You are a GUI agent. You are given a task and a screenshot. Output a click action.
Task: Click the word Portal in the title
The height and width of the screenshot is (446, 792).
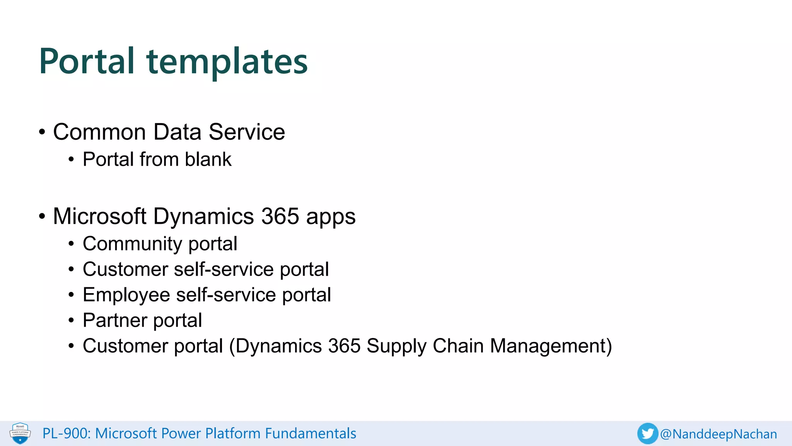point(87,61)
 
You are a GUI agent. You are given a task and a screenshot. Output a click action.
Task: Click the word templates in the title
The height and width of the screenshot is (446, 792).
point(227,62)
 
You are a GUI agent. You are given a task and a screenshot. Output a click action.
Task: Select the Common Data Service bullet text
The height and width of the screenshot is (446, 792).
point(169,132)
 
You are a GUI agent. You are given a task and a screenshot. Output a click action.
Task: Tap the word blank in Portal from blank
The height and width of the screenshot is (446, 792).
point(208,159)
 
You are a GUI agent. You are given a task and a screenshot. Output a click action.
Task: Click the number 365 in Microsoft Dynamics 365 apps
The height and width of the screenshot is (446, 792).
point(280,216)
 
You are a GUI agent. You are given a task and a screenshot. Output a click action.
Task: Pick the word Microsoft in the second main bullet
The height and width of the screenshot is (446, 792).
point(99,216)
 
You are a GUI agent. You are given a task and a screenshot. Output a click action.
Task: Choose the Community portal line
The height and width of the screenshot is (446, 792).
point(160,244)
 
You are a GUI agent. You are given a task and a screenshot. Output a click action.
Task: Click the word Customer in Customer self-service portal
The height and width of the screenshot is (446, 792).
point(125,269)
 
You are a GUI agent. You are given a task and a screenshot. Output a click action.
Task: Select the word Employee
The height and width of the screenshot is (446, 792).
point(126,295)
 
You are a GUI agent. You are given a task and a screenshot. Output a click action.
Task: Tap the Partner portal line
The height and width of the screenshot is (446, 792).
point(142,320)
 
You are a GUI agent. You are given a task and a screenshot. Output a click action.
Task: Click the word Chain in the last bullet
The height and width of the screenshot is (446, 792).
point(458,346)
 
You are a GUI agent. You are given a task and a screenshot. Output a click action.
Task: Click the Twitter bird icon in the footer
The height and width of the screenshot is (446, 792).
point(647,434)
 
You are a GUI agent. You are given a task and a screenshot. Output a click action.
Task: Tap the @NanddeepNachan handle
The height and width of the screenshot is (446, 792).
point(719,434)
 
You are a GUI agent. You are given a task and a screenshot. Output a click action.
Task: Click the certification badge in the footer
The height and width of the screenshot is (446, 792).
point(20,433)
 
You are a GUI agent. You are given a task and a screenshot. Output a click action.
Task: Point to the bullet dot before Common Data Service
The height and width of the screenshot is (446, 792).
point(42,132)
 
